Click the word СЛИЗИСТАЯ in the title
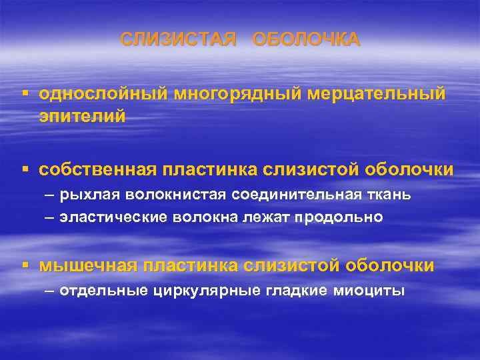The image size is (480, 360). click(x=178, y=40)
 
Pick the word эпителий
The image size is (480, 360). click(x=82, y=116)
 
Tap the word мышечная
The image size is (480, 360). click(x=87, y=266)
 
